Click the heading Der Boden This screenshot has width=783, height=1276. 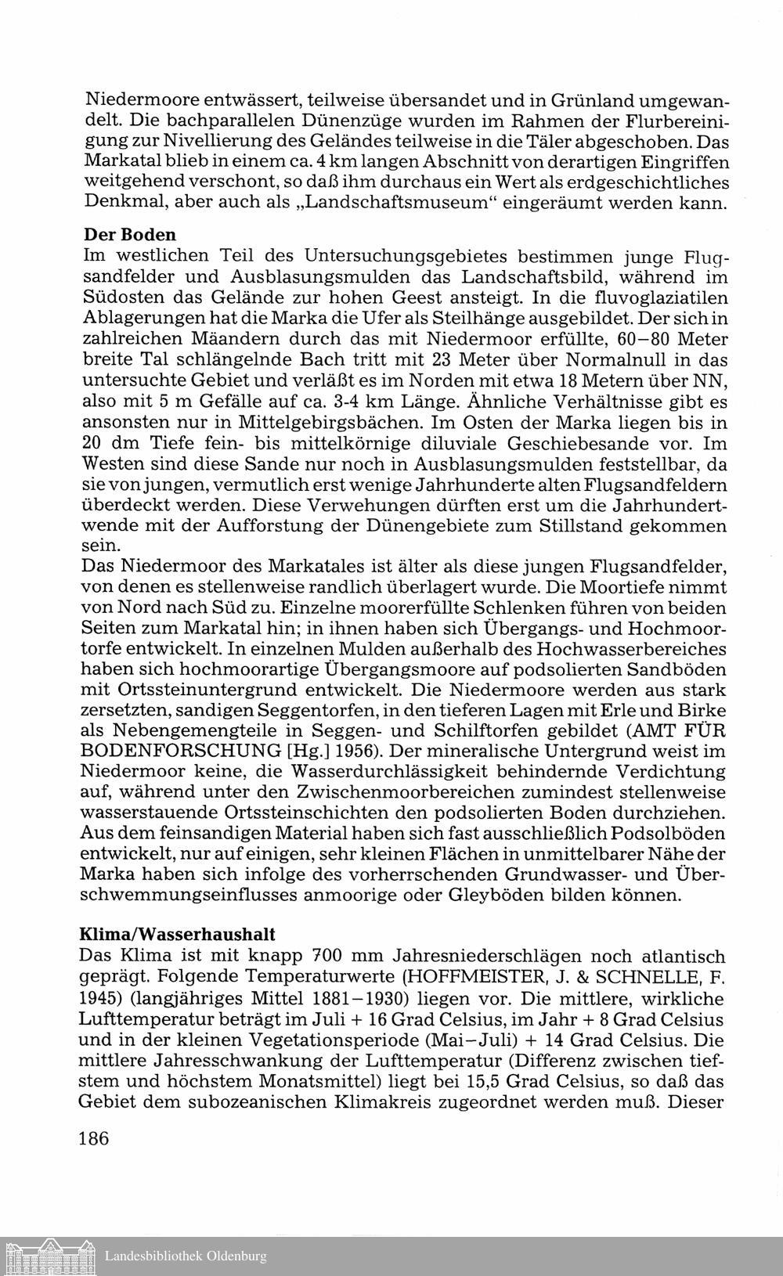click(x=129, y=235)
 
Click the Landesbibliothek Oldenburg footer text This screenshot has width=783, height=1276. click(x=186, y=1256)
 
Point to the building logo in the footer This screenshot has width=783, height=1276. click(x=49, y=1255)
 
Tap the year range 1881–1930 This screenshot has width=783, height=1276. click(x=361, y=998)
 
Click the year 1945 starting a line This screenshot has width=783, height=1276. click(x=99, y=998)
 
